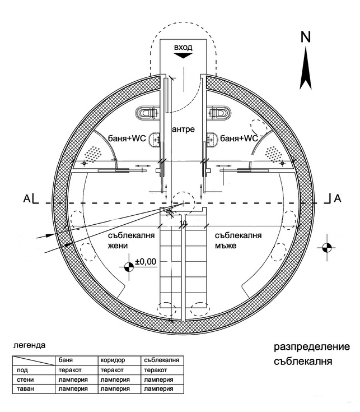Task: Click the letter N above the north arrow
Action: (x=306, y=37)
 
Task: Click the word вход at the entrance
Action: (x=183, y=48)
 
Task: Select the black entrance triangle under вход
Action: (x=183, y=55)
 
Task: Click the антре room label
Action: (x=184, y=129)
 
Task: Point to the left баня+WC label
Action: (x=127, y=138)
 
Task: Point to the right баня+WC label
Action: (x=239, y=138)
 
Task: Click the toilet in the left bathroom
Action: (x=147, y=113)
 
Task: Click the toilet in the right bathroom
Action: (x=219, y=113)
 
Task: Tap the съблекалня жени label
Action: (x=131, y=240)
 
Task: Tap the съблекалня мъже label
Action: (x=239, y=240)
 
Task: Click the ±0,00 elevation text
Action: (x=146, y=262)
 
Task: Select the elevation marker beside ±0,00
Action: (x=129, y=267)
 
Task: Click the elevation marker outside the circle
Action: (x=326, y=248)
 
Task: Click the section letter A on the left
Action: (x=27, y=198)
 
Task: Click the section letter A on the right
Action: (x=338, y=198)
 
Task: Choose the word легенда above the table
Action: (x=29, y=345)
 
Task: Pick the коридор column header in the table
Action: (x=113, y=360)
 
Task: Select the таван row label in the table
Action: (x=25, y=388)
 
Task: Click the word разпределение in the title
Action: (x=312, y=347)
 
